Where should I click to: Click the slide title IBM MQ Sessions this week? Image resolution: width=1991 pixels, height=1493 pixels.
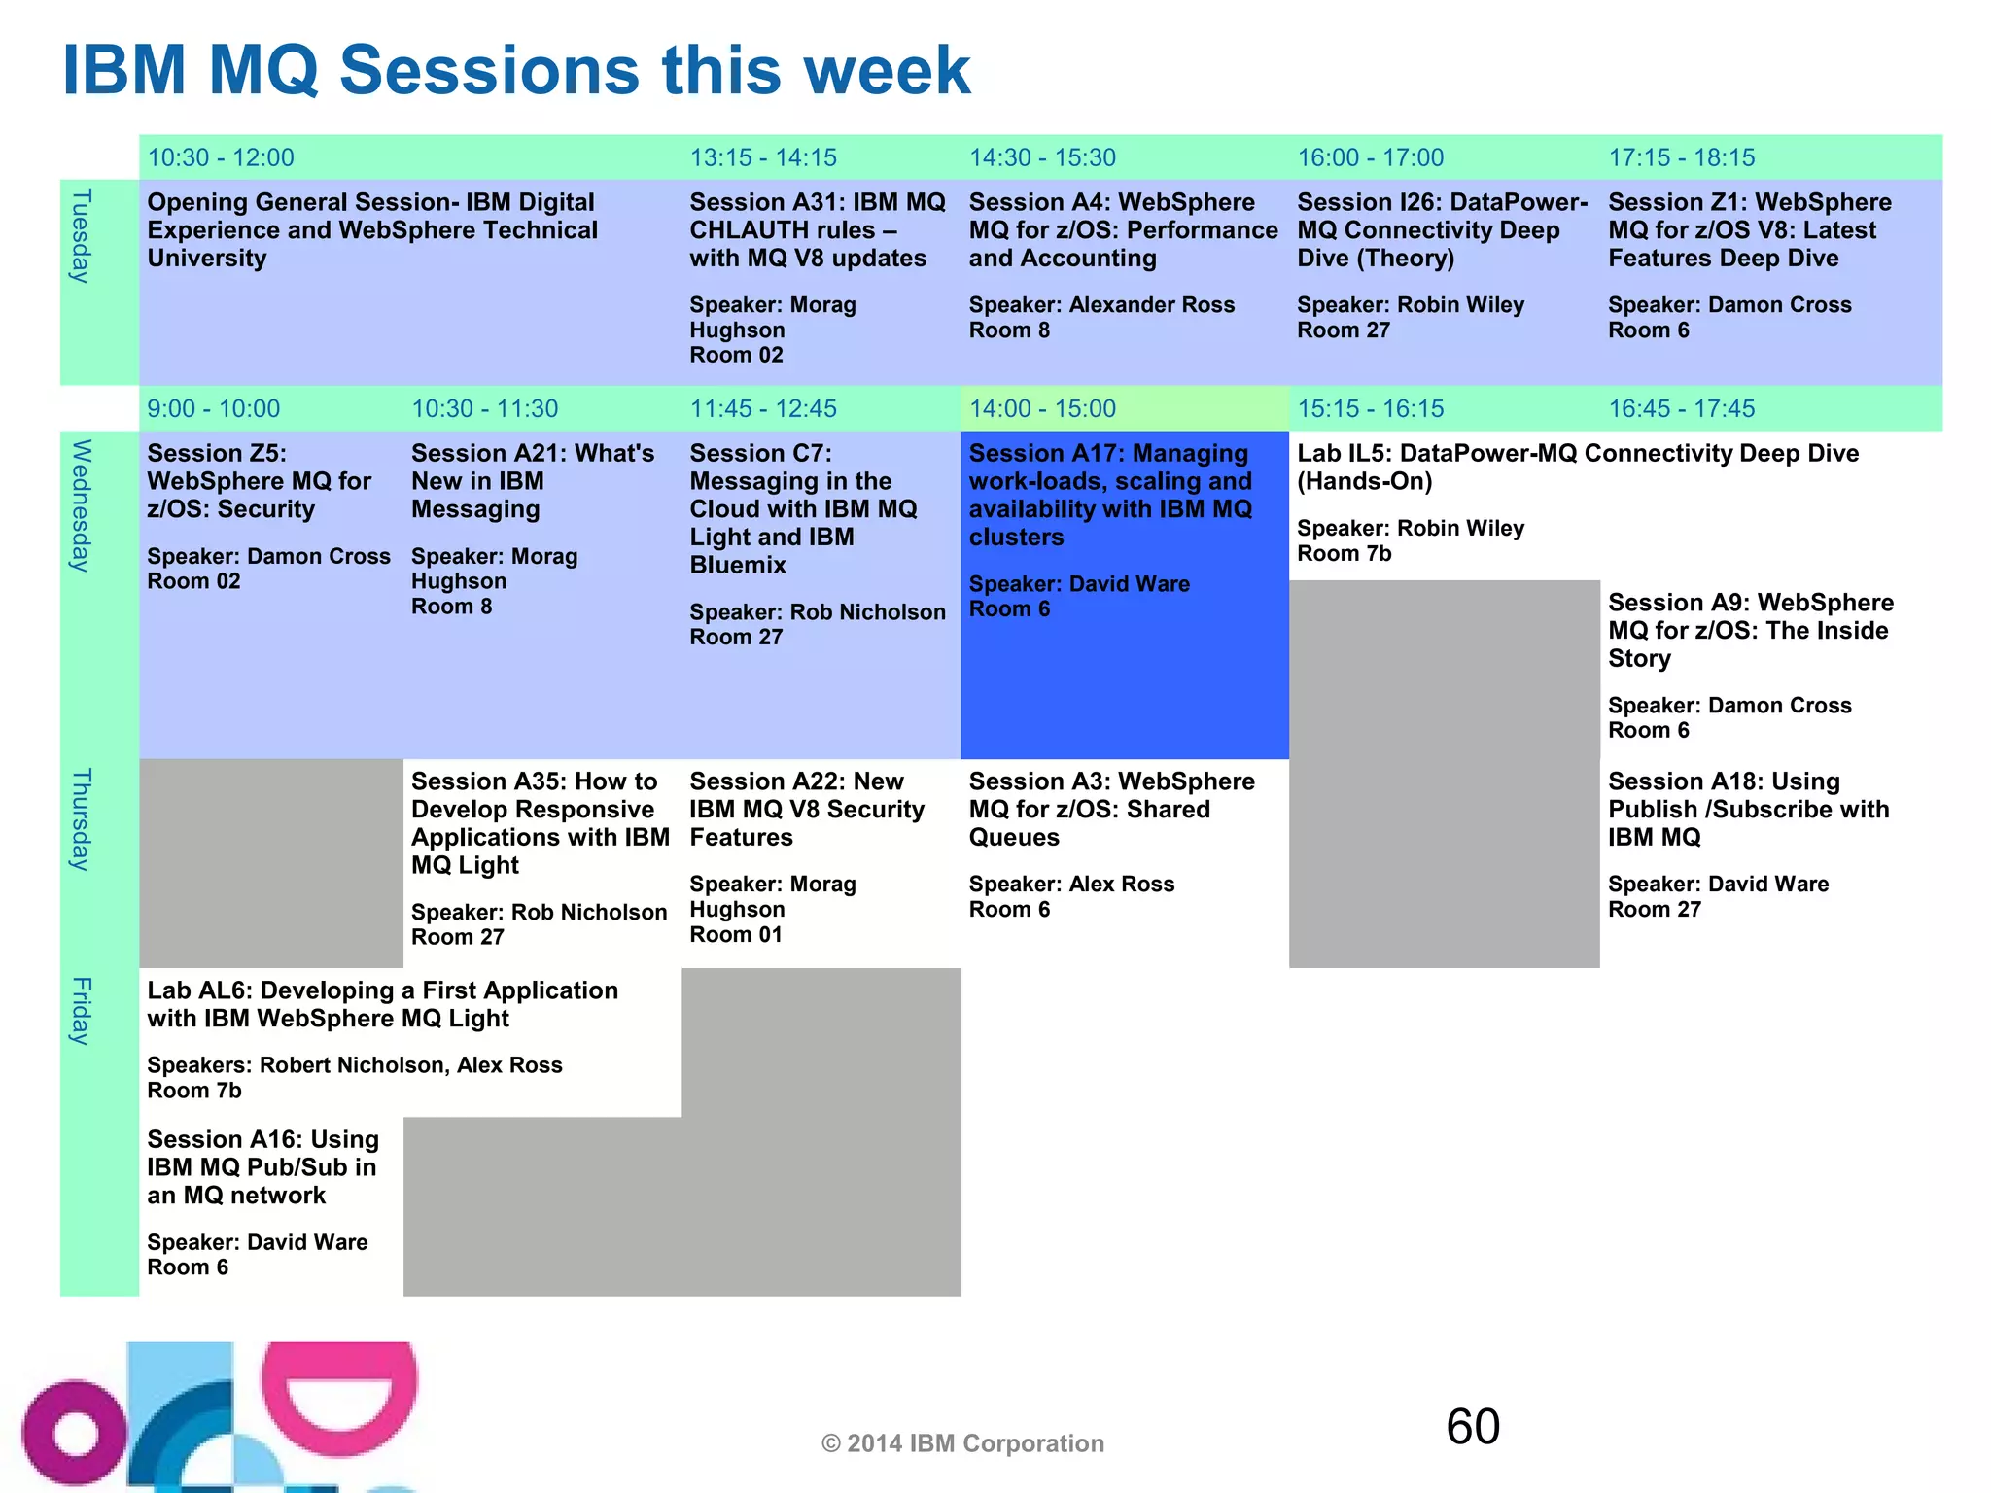[515, 70]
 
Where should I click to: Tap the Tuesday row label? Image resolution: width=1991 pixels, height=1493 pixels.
[82, 236]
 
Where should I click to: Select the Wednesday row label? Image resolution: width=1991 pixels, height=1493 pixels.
[82, 505]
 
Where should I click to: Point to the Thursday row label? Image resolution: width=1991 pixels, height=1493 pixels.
[82, 819]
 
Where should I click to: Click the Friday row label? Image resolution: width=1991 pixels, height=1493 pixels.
[82, 1011]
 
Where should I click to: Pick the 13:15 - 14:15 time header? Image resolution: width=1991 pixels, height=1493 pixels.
[763, 157]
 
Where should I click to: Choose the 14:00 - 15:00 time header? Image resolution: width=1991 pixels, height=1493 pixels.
[1042, 408]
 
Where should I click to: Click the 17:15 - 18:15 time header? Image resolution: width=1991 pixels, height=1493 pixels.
[1682, 157]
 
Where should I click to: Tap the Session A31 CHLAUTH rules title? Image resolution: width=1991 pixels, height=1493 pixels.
[817, 230]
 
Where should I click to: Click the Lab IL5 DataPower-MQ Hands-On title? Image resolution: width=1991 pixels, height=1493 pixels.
[1577, 467]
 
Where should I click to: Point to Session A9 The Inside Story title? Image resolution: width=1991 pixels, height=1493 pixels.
[1750, 630]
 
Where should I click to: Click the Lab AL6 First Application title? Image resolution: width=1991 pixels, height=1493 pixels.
[382, 1004]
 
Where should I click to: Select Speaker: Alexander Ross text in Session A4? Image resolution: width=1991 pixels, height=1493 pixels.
[1101, 305]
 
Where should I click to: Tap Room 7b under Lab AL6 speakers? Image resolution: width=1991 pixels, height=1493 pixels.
[194, 1091]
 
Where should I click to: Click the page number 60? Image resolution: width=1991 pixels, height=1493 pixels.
[1473, 1426]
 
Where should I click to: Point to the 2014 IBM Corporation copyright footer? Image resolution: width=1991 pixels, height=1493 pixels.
[962, 1443]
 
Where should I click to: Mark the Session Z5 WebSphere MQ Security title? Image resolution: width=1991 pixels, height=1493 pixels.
[259, 481]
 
